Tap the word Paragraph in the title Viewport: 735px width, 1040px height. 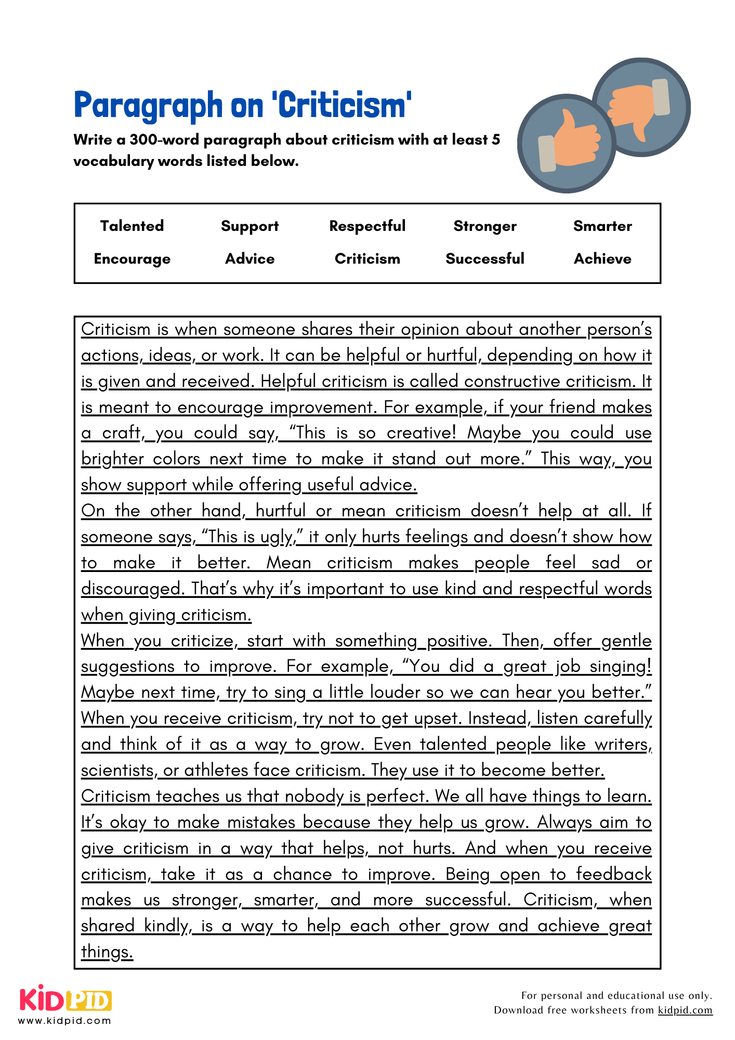pos(148,106)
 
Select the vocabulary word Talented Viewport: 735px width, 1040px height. pos(132,226)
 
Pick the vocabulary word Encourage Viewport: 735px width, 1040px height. pos(132,259)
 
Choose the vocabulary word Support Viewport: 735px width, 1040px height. pos(250,226)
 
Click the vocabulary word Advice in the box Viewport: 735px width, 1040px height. pos(250,259)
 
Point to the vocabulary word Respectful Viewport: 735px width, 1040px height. pos(367,226)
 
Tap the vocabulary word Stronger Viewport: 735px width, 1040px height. pos(485,226)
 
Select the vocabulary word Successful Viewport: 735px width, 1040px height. pos(485,259)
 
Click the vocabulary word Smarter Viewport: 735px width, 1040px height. pos(602,226)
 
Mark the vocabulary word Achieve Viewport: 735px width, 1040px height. pos(602,259)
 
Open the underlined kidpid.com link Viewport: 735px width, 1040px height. pos(685,1010)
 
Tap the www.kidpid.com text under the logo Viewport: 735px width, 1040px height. pos(65,1021)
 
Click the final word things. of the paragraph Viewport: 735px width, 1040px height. pos(107,952)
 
